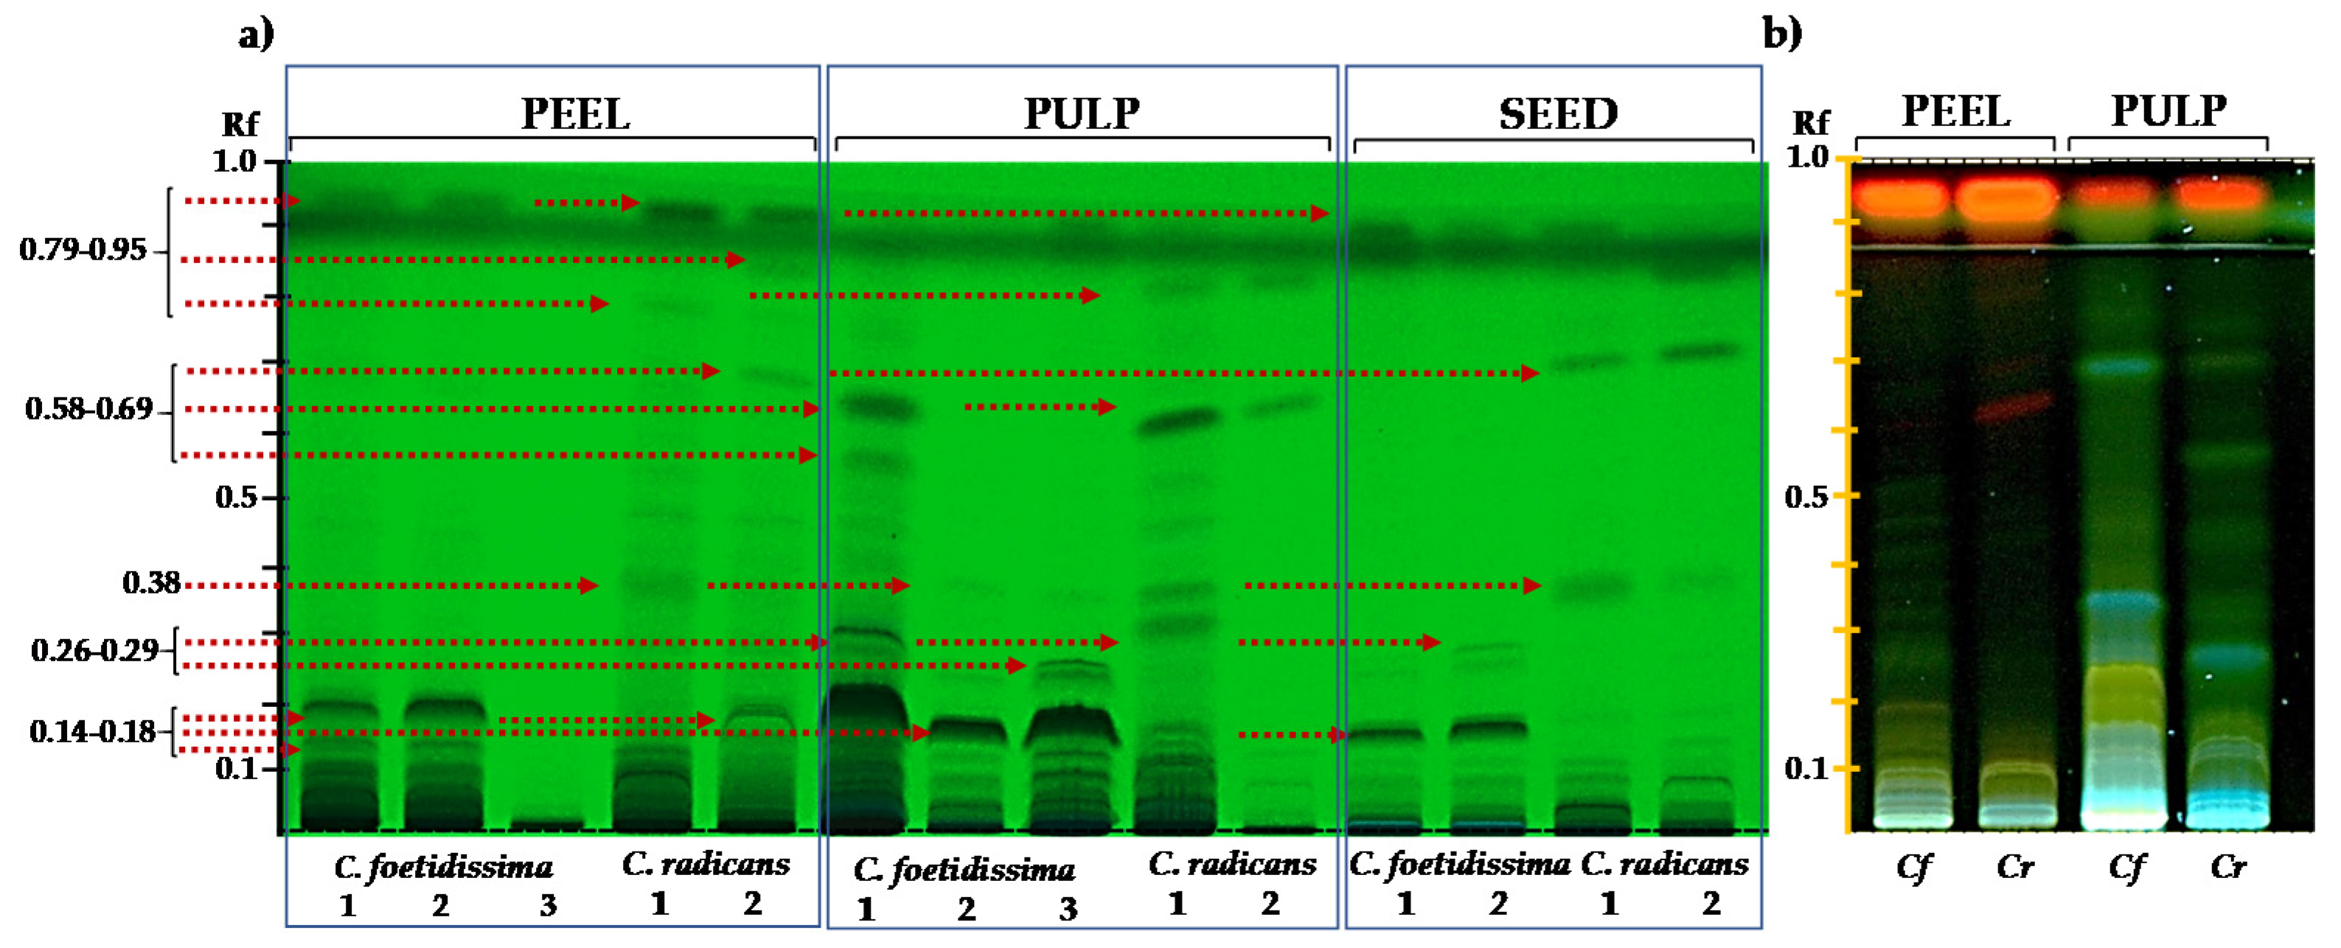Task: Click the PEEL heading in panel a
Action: coord(574,114)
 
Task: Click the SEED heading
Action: coord(1558,114)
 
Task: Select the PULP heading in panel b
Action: coord(2168,112)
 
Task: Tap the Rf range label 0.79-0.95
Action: coord(83,250)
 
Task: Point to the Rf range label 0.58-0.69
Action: coord(88,409)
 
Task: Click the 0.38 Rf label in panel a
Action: coord(151,582)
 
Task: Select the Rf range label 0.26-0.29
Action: coord(94,651)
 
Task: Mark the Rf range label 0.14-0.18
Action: coord(93,732)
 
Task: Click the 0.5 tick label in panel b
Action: coord(1806,497)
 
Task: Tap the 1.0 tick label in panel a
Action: coord(234,161)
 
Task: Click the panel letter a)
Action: coord(255,35)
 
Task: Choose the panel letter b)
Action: coord(1782,34)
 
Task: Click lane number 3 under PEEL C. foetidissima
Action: coord(547,905)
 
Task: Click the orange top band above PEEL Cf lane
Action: coord(1901,198)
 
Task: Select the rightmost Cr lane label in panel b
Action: coord(2228,867)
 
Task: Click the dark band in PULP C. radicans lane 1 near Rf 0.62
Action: coord(1180,422)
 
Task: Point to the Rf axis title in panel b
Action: coord(1809,122)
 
